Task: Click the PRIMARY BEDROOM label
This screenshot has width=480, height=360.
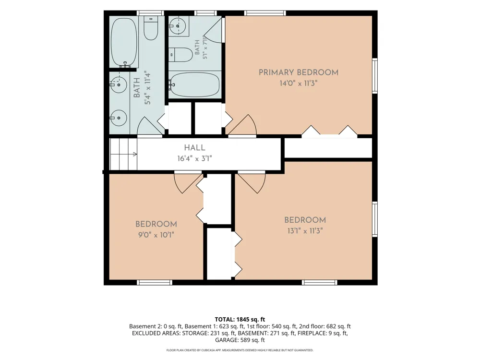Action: pyautogui.click(x=299, y=72)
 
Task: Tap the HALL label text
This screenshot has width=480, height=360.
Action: pyautogui.click(x=195, y=148)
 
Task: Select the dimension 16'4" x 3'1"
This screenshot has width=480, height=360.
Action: pyautogui.click(x=195, y=158)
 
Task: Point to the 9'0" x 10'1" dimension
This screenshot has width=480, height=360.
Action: pyautogui.click(x=156, y=235)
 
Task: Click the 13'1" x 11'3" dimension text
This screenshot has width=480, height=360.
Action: pyautogui.click(x=305, y=230)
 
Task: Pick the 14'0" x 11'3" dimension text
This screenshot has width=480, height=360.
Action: pyautogui.click(x=299, y=83)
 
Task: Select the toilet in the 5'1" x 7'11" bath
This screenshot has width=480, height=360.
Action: pyautogui.click(x=180, y=55)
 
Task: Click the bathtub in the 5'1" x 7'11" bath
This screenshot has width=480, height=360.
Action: pyautogui.click(x=195, y=84)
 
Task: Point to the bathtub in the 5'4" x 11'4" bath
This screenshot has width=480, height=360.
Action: pyautogui.click(x=124, y=43)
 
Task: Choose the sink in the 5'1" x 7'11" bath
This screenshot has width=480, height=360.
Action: pyautogui.click(x=178, y=25)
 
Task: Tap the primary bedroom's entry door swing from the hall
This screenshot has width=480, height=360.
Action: pyautogui.click(x=243, y=125)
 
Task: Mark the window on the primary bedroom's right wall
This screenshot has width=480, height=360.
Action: pyautogui.click(x=375, y=75)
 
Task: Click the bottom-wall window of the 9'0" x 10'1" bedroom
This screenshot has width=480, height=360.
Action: pyautogui.click(x=155, y=282)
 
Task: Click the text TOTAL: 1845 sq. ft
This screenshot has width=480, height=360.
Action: pyautogui.click(x=240, y=320)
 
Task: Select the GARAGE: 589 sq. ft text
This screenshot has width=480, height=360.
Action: pyautogui.click(x=240, y=340)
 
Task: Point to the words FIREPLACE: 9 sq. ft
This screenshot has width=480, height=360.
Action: pyautogui.click(x=323, y=333)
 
